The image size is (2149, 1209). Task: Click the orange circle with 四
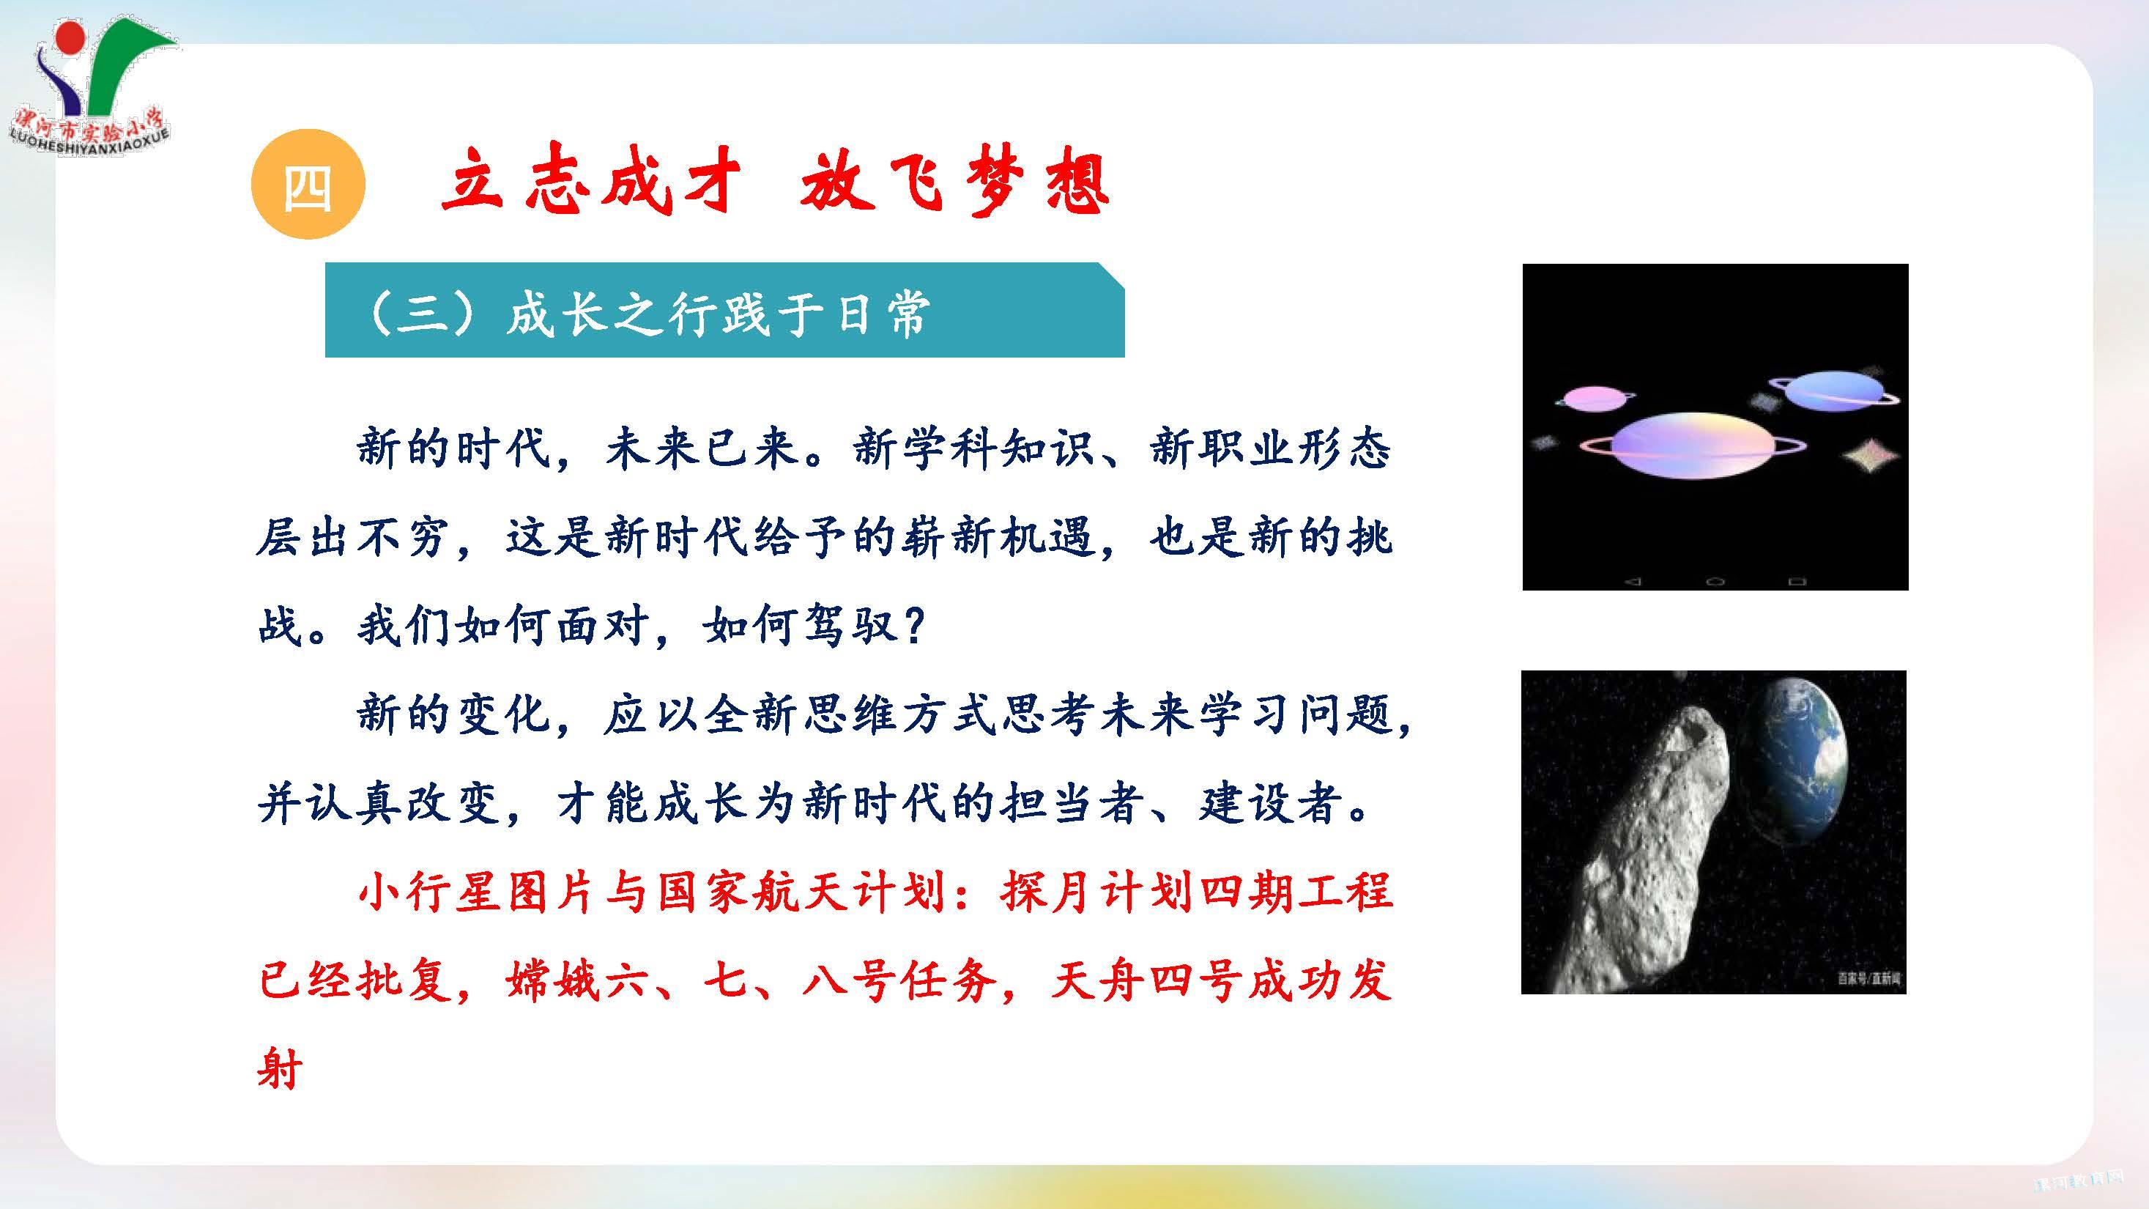308,185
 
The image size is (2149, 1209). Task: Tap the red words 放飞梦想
954,184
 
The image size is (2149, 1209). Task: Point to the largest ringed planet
1693,445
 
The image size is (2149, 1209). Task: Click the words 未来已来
702,448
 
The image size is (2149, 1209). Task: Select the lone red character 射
280,1069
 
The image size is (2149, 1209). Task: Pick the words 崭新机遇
998,536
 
